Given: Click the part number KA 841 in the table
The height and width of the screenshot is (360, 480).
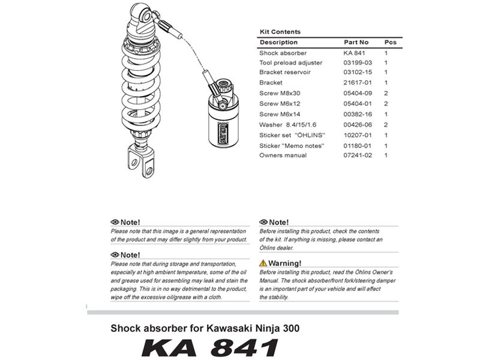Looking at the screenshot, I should (x=355, y=53).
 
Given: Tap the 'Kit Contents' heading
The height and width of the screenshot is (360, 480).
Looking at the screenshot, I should (x=280, y=32).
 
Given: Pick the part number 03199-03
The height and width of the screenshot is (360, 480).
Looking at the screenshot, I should (x=358, y=62).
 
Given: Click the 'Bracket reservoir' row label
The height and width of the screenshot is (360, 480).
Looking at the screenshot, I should (x=284, y=72).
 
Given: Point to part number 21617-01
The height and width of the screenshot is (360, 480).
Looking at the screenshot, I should (x=358, y=82).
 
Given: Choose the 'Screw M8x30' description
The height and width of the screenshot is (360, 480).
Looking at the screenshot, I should (x=280, y=94).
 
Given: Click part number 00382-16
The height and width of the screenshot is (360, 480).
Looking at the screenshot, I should (x=358, y=114).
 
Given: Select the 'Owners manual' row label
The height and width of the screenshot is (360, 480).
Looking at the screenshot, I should (x=283, y=155).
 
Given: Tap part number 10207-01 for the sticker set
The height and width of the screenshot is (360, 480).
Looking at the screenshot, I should (x=358, y=135).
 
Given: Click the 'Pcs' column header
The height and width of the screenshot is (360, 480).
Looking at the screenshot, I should (x=390, y=43).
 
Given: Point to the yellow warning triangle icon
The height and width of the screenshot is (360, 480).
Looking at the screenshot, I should (x=263, y=263).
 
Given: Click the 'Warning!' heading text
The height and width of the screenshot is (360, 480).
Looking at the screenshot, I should (x=284, y=263).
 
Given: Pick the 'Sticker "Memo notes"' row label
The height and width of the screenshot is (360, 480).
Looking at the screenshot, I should (x=292, y=145).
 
